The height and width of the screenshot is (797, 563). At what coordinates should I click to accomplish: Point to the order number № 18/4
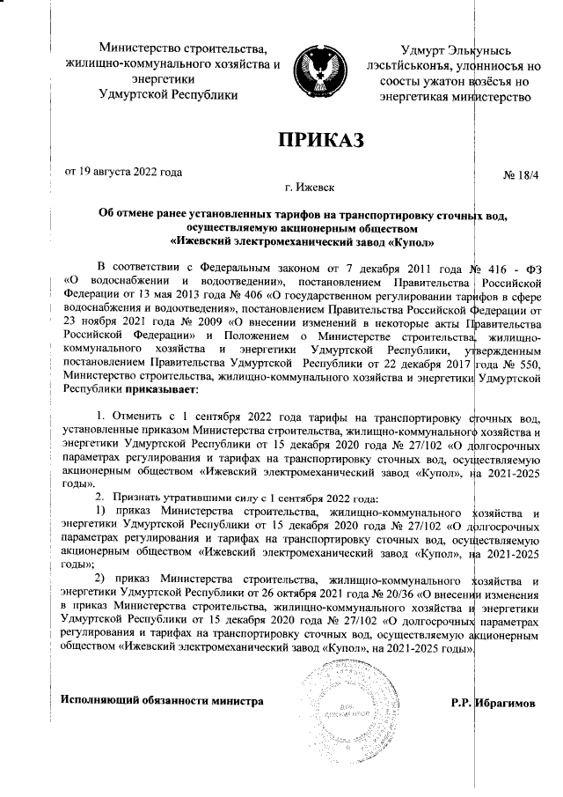[519, 177]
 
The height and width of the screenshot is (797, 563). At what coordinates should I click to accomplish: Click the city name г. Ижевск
[309, 187]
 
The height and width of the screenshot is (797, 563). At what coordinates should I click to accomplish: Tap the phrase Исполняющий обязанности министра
[162, 701]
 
